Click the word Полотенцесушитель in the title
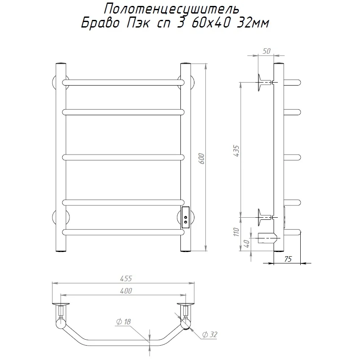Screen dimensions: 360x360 [x=172, y=9]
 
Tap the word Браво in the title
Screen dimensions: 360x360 [x=100, y=23]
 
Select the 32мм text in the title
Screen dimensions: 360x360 [x=252, y=23]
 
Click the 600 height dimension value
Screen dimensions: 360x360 [x=202, y=158]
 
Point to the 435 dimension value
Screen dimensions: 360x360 [x=236, y=151]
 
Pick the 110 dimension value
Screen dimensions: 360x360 [x=236, y=232]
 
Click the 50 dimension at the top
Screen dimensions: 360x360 [x=266, y=51]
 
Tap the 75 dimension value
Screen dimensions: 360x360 [x=288, y=259]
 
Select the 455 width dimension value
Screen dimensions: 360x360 [x=126, y=279]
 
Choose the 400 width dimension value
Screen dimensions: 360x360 [x=126, y=291]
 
